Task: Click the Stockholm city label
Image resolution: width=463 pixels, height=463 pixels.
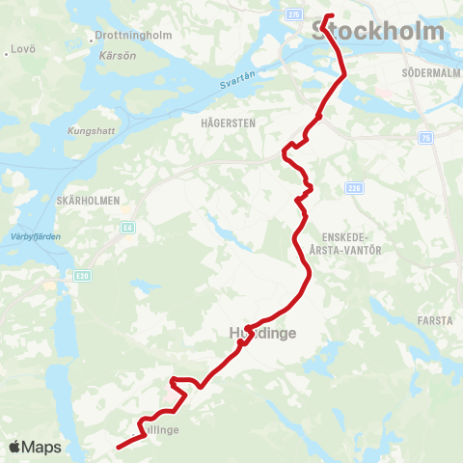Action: pyautogui.click(x=379, y=32)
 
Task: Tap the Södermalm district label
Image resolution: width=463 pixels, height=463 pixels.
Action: pyautogui.click(x=428, y=72)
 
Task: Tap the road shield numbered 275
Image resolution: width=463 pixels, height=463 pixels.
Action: pyautogui.click(x=294, y=14)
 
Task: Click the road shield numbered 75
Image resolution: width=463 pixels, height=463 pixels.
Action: pyautogui.click(x=424, y=139)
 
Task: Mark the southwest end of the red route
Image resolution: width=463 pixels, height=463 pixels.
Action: pyautogui.click(x=119, y=448)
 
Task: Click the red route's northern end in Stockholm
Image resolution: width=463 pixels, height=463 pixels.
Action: pyautogui.click(x=328, y=16)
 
